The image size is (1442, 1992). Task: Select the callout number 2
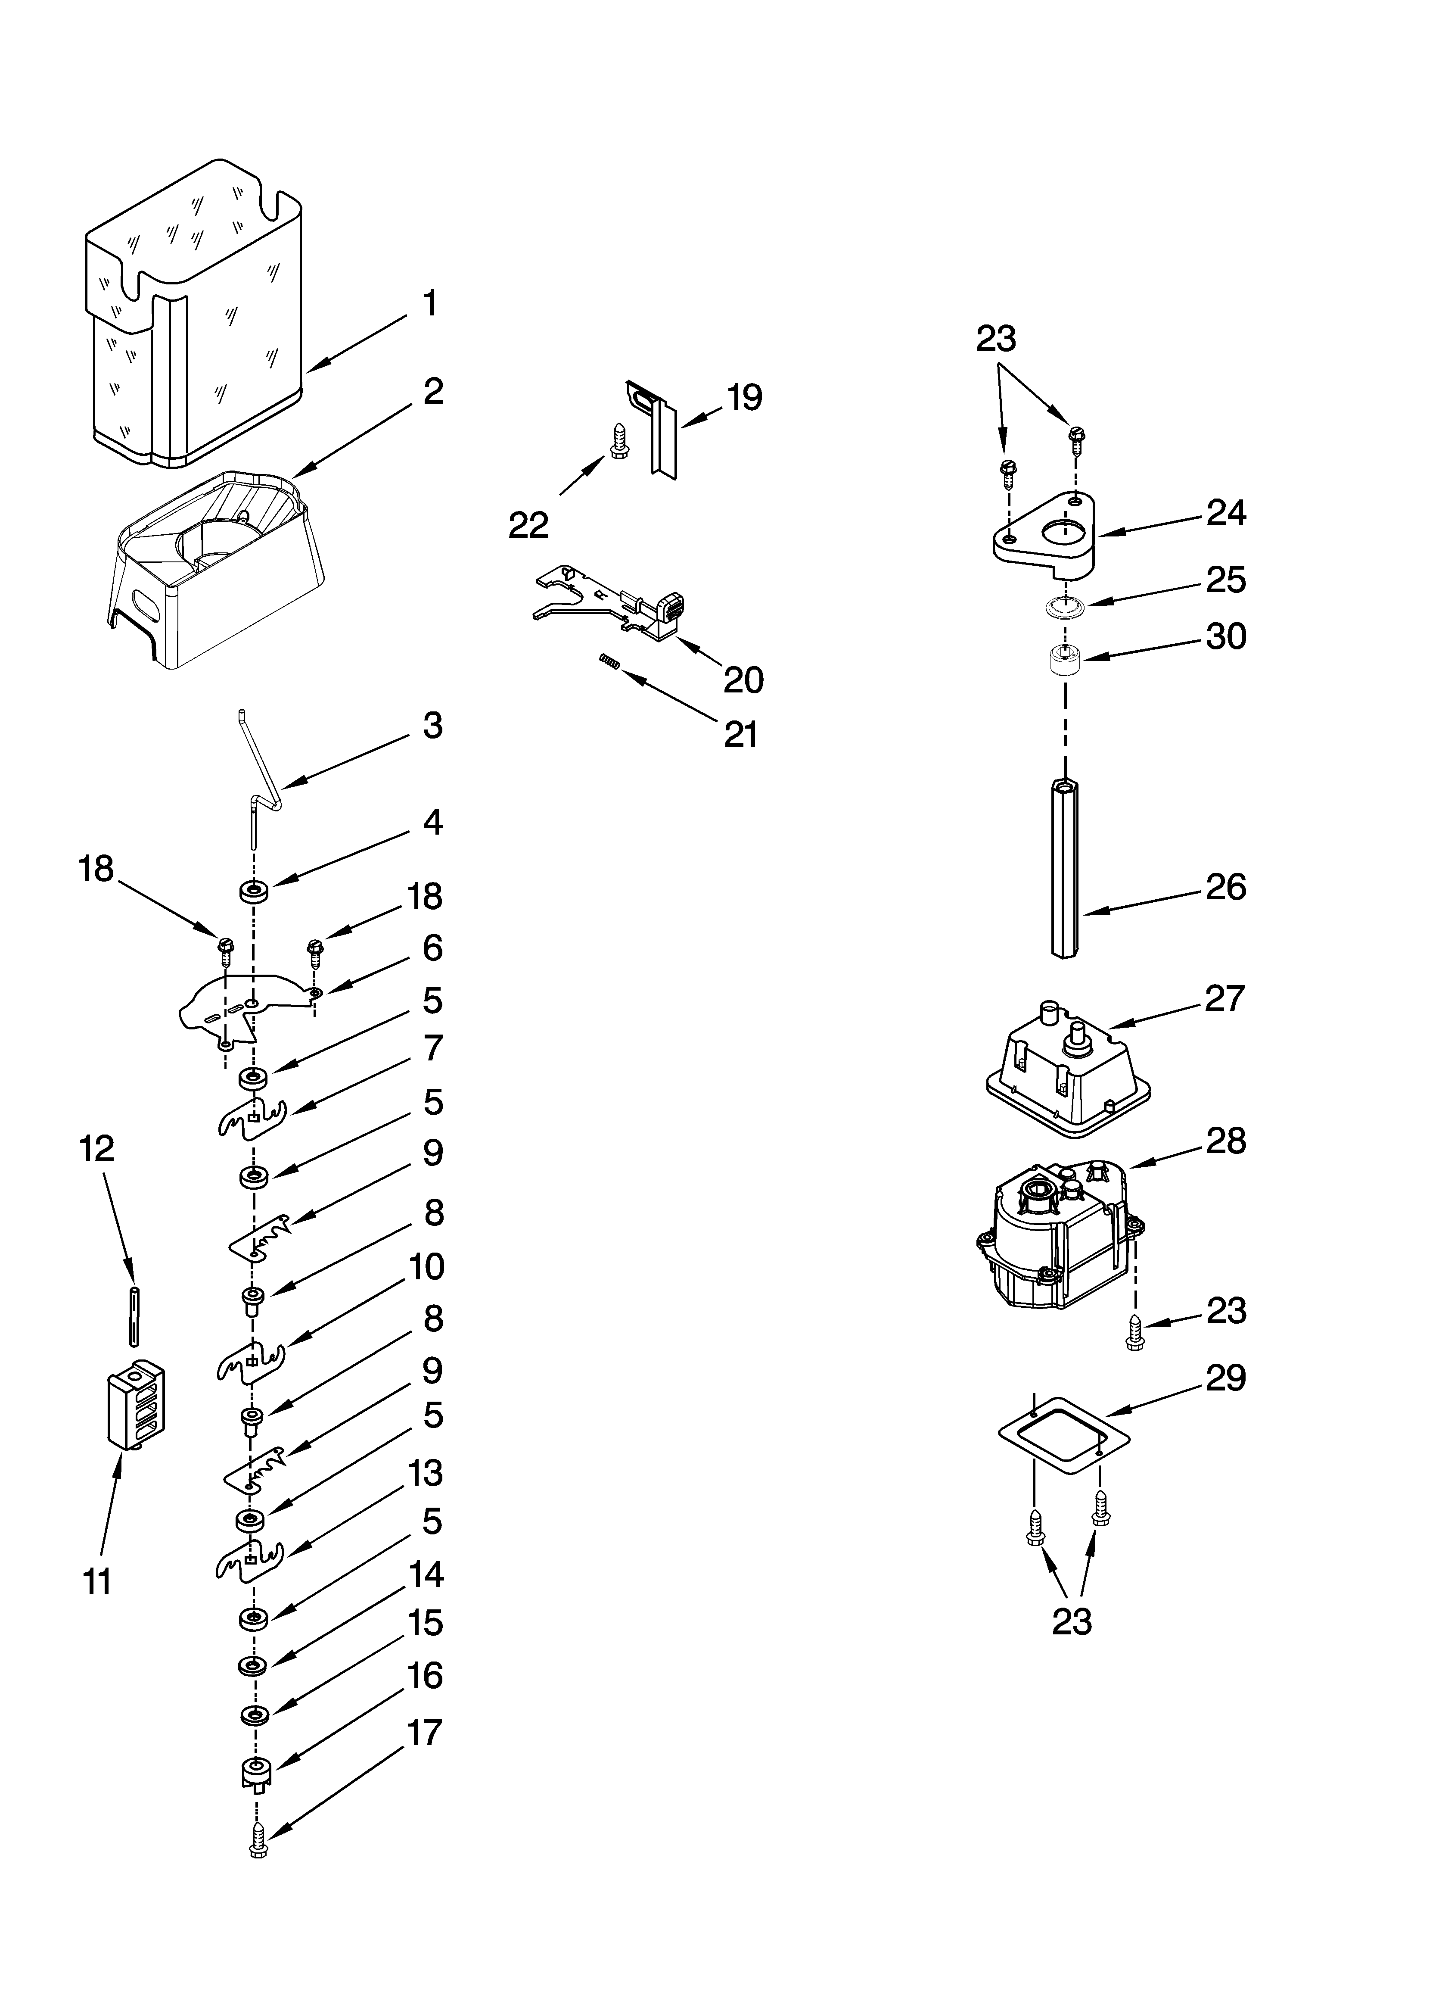(x=432, y=392)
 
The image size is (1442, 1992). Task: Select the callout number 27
(x=1225, y=999)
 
